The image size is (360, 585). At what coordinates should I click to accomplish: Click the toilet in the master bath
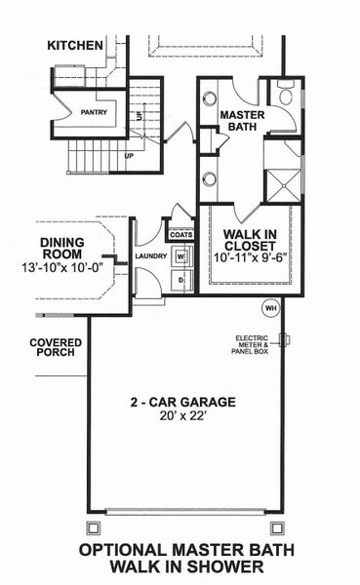coord(286,96)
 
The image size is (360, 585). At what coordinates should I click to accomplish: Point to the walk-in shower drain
coord(284,181)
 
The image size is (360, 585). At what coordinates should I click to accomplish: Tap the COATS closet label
coord(180,235)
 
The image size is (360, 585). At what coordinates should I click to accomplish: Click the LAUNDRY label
coord(152,257)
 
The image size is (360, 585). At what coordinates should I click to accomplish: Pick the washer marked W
coord(180,258)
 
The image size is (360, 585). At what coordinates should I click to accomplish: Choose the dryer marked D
coord(180,281)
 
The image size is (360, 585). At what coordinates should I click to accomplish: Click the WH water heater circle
coord(270,308)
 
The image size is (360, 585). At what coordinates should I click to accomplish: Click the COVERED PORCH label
coord(55,349)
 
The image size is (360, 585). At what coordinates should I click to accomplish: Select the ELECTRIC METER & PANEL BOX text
coord(257,346)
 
